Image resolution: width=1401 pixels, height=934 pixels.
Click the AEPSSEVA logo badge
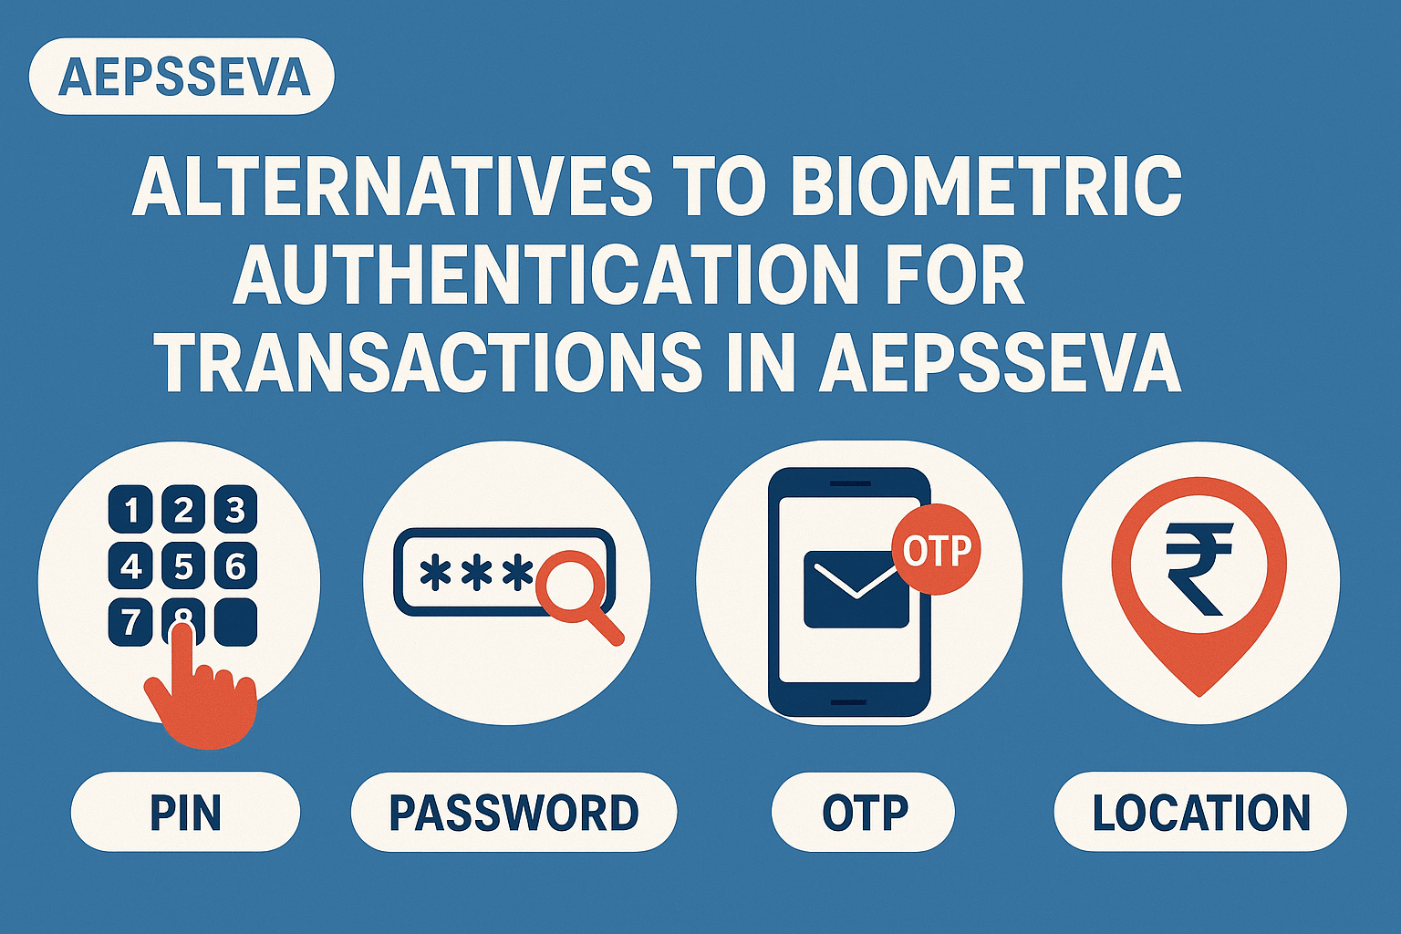click(x=182, y=77)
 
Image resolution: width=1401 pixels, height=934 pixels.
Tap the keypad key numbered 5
click(x=183, y=567)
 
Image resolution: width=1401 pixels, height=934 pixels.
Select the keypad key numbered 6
click(x=235, y=567)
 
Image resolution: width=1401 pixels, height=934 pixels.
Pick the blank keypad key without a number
click(x=235, y=623)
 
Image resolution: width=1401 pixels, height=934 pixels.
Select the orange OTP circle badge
click(x=936, y=551)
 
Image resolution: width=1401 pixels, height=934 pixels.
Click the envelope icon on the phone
click(x=856, y=589)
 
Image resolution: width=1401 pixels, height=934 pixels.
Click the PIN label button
click(x=185, y=812)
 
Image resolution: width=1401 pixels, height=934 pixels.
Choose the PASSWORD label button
click(x=514, y=812)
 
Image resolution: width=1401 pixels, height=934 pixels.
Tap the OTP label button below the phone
click(x=864, y=812)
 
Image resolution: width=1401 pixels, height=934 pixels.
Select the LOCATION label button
click(x=1200, y=812)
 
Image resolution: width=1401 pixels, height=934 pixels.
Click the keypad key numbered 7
click(x=130, y=623)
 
